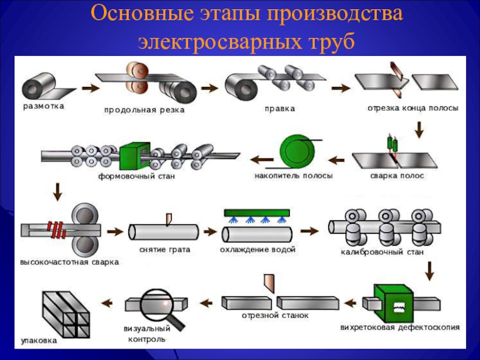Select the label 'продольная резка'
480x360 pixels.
[144, 110]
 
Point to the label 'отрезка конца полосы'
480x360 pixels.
[413, 109]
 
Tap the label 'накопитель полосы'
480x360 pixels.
[293, 176]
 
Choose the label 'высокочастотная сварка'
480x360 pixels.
[70, 262]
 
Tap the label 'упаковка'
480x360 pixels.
[39, 340]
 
